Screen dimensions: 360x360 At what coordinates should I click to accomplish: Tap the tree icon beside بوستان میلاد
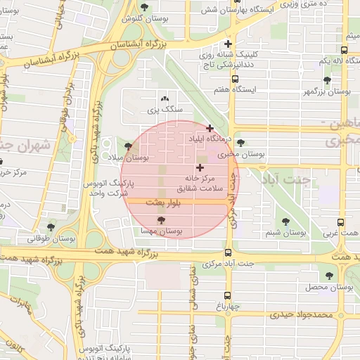pos(128,146)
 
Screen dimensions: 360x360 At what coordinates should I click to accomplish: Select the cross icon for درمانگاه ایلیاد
pos(210,128)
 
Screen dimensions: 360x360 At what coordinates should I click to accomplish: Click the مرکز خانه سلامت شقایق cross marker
pos(200,167)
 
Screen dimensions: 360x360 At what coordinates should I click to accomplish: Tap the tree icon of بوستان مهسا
pos(162,220)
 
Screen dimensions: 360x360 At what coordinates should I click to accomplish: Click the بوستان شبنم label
pos(286,231)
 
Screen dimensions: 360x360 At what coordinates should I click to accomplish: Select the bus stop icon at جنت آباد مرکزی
pos(227,253)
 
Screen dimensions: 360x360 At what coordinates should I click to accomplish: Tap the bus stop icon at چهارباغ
pos(227,295)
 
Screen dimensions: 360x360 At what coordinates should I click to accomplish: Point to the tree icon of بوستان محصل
pos(330,275)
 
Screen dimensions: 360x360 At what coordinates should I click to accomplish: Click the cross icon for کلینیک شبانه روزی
pos(227,44)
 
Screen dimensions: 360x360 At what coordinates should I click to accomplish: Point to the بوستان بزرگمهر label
pos(327,92)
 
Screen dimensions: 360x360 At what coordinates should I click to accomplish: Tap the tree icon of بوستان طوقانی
pos(51,226)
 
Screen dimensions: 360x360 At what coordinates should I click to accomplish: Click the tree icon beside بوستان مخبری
pos(241,143)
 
